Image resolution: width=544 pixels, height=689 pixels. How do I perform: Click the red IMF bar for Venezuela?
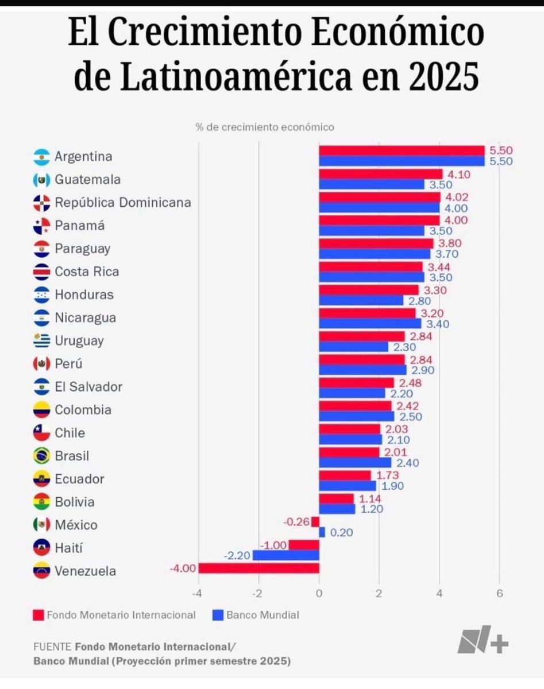[259, 568]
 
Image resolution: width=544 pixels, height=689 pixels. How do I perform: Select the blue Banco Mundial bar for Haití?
[285, 555]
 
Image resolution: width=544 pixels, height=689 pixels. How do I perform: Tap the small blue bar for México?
[322, 532]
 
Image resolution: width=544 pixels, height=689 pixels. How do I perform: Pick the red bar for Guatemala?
[380, 174]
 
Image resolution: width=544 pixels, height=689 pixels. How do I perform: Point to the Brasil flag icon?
[42, 456]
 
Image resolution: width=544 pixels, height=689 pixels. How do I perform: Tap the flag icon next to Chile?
[42, 433]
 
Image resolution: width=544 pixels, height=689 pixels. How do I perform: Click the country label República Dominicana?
[123, 203]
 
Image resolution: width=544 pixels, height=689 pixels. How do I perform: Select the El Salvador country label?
[88, 387]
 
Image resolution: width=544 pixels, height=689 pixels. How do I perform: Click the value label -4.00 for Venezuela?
[183, 568]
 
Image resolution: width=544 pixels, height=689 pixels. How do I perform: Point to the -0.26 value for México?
[296, 522]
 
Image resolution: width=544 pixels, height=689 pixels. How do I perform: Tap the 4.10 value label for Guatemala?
[459, 174]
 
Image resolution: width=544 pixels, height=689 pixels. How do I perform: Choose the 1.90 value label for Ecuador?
[392, 486]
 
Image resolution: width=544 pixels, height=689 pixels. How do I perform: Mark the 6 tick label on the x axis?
[499, 593]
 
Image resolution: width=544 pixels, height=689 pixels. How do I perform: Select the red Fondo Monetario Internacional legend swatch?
[38, 616]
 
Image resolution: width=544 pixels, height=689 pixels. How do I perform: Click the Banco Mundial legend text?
[263, 615]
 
